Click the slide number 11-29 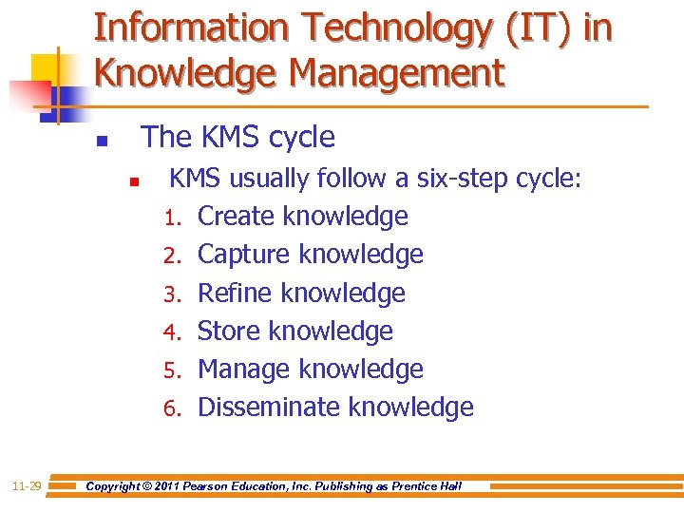click(x=27, y=486)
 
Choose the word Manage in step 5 click(x=244, y=370)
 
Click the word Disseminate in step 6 click(x=269, y=408)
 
